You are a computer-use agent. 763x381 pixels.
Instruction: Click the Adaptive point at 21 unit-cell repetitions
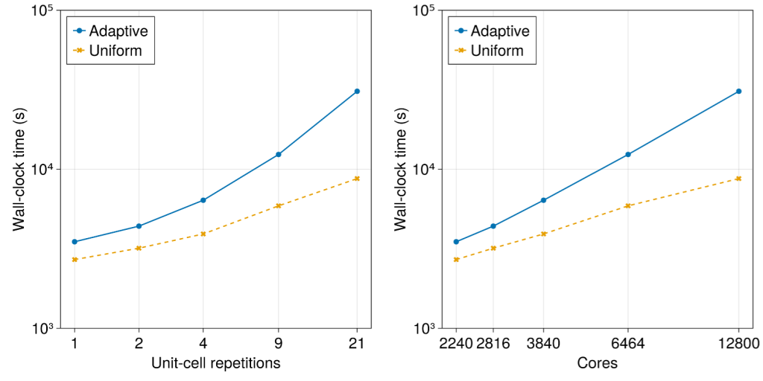pyautogui.click(x=357, y=91)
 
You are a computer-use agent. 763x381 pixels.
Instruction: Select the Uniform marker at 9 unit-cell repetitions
pyautogui.click(x=278, y=205)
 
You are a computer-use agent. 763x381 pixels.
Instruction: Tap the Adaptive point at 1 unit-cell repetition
pyautogui.click(x=75, y=242)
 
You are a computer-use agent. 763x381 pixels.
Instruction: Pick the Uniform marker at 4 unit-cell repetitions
pyautogui.click(x=203, y=234)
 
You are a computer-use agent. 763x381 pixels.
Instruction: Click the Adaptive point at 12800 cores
pyautogui.click(x=738, y=91)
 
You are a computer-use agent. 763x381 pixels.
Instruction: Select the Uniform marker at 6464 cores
pyautogui.click(x=627, y=205)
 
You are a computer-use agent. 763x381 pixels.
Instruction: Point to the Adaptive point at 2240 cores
pyautogui.click(x=456, y=242)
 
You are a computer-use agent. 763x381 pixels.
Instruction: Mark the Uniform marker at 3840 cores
pyautogui.click(x=543, y=234)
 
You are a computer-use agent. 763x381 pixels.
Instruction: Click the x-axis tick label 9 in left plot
pyautogui.click(x=278, y=343)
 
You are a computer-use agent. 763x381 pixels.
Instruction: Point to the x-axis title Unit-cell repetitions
pyautogui.click(x=215, y=363)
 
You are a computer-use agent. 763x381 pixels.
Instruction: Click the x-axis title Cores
pyautogui.click(x=597, y=363)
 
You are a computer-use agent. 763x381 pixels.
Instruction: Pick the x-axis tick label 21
pyautogui.click(x=357, y=343)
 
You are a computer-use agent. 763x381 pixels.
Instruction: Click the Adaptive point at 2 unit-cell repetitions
pyautogui.click(x=139, y=226)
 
